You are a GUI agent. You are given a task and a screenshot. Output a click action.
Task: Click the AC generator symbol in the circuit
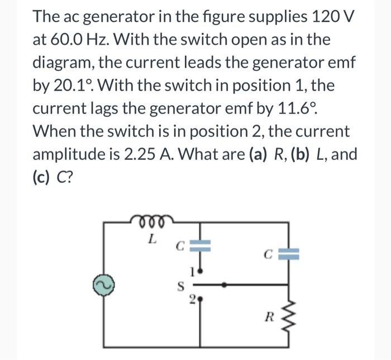(x=102, y=284)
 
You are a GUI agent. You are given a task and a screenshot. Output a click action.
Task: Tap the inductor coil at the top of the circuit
(x=151, y=222)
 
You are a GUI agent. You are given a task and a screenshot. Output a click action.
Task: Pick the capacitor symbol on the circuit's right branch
(x=289, y=256)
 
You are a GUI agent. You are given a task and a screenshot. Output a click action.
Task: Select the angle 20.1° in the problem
(x=76, y=87)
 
